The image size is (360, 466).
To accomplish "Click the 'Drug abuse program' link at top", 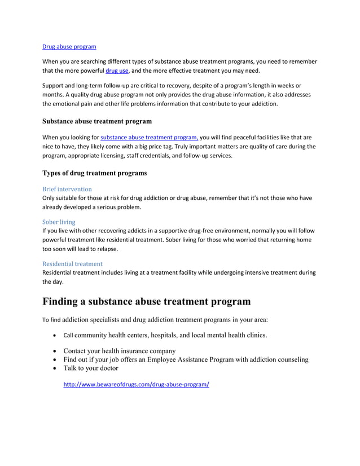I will coord(69,47).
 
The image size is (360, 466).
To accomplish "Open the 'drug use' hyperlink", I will coord(117,71).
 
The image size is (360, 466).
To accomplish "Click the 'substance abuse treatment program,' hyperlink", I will coord(149,137).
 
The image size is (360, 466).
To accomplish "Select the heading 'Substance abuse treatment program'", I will coord(97,121).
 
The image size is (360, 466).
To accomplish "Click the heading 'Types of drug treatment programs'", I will coord(95,173).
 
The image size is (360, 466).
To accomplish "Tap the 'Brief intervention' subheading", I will coord(67,189).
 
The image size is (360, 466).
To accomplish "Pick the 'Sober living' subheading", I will coord(59,222).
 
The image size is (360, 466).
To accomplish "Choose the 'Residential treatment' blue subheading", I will coord(72,263).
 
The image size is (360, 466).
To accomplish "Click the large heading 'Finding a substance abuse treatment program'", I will coord(147,301).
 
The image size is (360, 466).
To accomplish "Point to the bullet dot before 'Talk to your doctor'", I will coord(54,368).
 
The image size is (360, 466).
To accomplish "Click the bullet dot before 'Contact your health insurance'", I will coord(54,350).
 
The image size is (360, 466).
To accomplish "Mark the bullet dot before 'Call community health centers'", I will coord(54,335).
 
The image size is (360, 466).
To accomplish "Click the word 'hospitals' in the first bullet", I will coord(160,335).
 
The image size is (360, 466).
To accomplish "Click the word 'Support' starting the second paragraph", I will coord(54,85).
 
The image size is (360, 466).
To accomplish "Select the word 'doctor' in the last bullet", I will coord(107,368).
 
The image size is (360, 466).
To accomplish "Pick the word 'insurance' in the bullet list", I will coord(144,350).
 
